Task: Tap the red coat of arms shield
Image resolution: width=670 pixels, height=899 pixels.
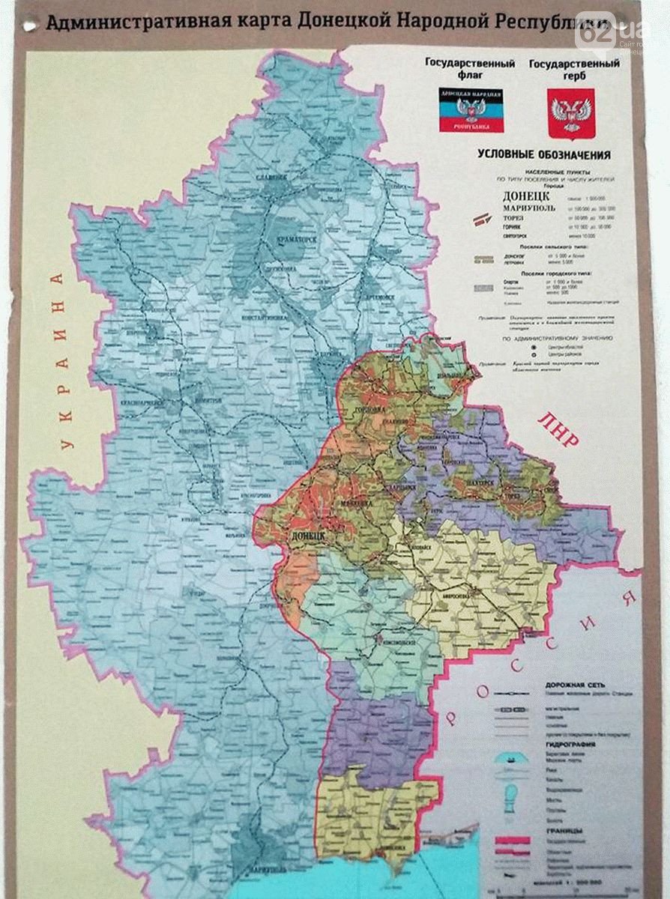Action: coord(570,112)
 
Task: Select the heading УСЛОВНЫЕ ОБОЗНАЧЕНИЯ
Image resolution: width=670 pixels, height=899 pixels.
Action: coord(544,155)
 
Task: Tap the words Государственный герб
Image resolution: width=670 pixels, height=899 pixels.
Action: coord(574,70)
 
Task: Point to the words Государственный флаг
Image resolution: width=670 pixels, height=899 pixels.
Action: coord(470,70)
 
